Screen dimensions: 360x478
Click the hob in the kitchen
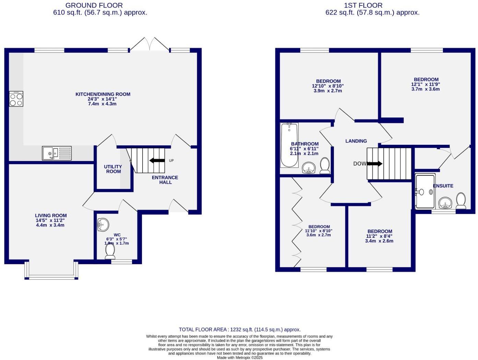(x=16, y=99)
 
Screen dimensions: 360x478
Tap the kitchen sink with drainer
(x=57, y=153)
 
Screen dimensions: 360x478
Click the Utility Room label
(x=113, y=169)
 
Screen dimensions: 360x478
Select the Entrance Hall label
(x=165, y=180)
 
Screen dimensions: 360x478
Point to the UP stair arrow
(x=157, y=160)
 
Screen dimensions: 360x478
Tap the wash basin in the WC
(x=103, y=225)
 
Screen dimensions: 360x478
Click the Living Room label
(x=51, y=216)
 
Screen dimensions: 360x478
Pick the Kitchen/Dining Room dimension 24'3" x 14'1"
(x=102, y=99)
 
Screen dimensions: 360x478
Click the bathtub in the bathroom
(x=289, y=145)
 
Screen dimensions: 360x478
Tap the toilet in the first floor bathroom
(x=325, y=165)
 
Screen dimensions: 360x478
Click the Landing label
(x=356, y=141)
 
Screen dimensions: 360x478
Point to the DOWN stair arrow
(x=374, y=164)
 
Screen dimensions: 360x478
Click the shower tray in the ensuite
(x=425, y=191)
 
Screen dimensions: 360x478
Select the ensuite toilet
(x=461, y=200)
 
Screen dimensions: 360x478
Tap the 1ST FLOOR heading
(x=363, y=5)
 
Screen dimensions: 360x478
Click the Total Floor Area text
(x=239, y=329)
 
